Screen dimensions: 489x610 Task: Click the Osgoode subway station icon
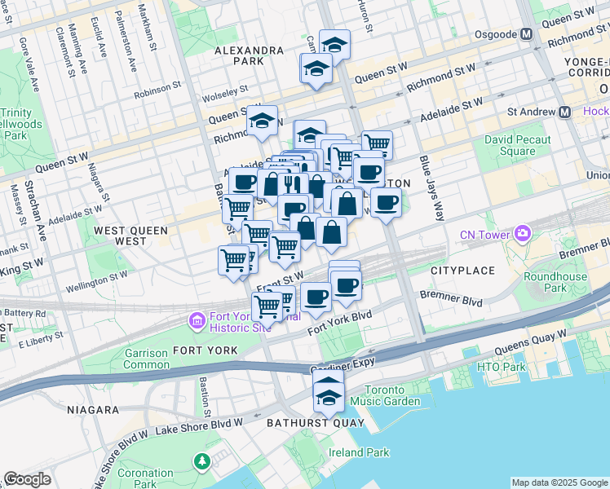(x=526, y=34)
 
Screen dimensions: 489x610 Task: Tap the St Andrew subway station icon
(x=564, y=112)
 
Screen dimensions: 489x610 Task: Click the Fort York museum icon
(x=197, y=321)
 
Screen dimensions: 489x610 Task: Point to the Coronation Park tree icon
(x=201, y=463)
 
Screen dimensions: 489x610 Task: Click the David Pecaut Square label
(x=510, y=146)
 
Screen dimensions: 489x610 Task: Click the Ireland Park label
(x=359, y=452)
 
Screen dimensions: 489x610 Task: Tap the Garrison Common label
(x=146, y=359)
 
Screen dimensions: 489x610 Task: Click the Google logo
(x=27, y=479)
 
